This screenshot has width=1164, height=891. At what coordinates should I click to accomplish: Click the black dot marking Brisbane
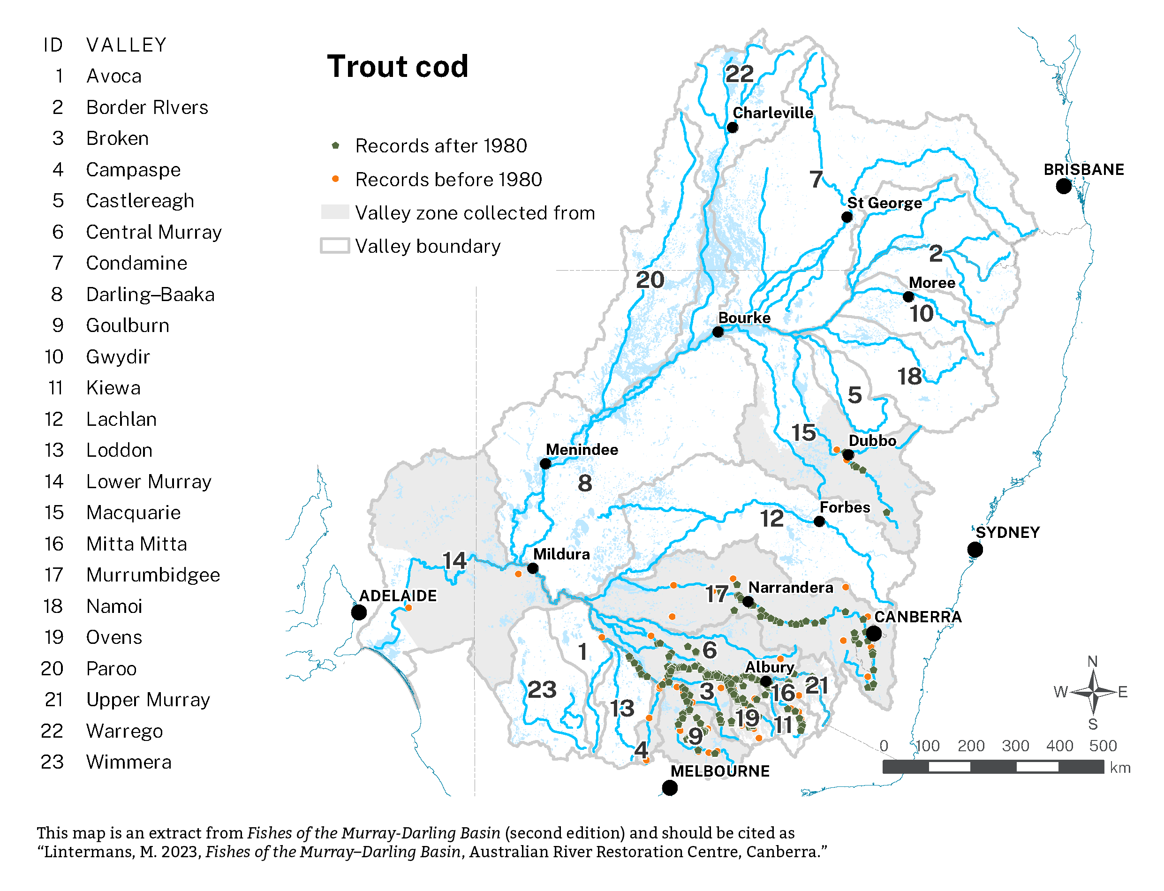tap(1063, 186)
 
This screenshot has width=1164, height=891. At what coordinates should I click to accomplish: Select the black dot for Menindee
tap(544, 463)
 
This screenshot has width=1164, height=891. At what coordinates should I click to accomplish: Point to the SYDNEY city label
tap(1007, 532)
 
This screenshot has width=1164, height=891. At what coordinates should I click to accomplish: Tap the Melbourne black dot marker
tap(669, 788)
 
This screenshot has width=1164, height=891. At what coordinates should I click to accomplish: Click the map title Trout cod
tap(397, 67)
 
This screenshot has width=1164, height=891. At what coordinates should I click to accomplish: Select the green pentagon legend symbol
tap(335, 145)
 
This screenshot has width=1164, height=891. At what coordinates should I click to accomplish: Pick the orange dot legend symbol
tap(335, 179)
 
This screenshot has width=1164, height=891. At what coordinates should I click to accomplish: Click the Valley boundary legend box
tap(335, 246)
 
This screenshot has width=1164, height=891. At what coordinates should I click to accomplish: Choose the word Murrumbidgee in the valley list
tap(153, 575)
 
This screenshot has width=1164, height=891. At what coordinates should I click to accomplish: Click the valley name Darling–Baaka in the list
tap(150, 294)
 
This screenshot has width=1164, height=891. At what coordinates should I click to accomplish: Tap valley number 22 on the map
tap(739, 74)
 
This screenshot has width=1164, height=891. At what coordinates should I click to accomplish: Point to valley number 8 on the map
tap(584, 483)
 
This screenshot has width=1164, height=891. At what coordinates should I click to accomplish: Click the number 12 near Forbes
tap(771, 519)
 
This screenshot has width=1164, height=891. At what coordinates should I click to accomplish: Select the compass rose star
tap(1092, 692)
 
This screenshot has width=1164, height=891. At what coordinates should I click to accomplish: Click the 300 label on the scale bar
tap(1014, 746)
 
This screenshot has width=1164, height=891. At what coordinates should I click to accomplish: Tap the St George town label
tap(884, 203)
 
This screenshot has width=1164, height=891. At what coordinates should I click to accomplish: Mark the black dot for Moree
tap(908, 296)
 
